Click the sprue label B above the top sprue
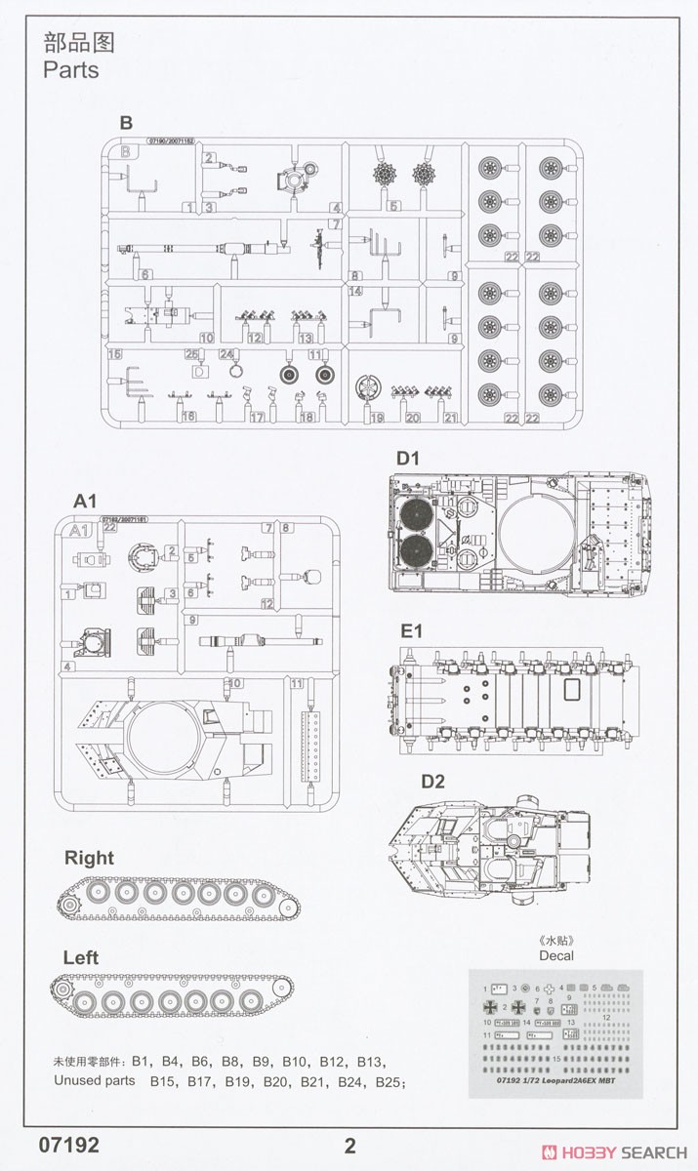point(125,123)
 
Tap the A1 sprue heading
point(87,501)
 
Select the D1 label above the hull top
point(407,458)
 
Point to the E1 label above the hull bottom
point(409,630)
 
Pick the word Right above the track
point(89,858)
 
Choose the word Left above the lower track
point(81,958)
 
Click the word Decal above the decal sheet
point(556,955)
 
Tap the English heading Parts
point(70,70)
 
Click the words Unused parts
point(95,1081)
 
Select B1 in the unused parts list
point(144,1061)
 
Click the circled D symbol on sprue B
point(199,372)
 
